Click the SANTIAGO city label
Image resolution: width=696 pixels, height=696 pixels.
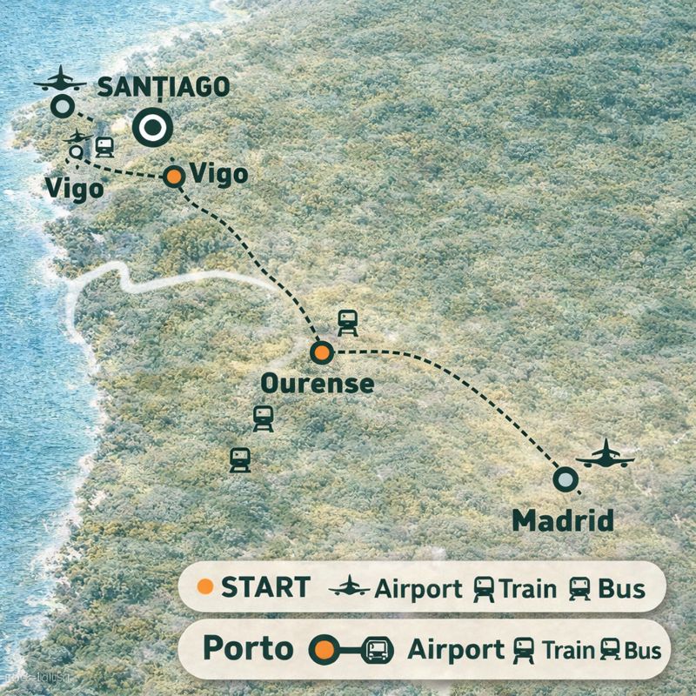[164, 87]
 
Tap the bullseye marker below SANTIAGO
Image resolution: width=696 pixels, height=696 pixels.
[153, 128]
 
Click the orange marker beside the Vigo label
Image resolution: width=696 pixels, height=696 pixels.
[174, 177]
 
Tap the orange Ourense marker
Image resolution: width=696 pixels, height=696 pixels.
[322, 352]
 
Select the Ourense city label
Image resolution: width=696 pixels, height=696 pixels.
[318, 384]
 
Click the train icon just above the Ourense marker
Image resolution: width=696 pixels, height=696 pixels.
[347, 322]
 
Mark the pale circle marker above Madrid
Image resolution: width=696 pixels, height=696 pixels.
[565, 479]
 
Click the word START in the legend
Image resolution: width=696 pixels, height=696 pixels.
[264, 587]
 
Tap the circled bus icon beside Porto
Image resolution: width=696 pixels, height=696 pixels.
[378, 650]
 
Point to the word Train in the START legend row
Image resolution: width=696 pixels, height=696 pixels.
[527, 589]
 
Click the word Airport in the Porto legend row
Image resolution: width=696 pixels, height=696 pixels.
[455, 650]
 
